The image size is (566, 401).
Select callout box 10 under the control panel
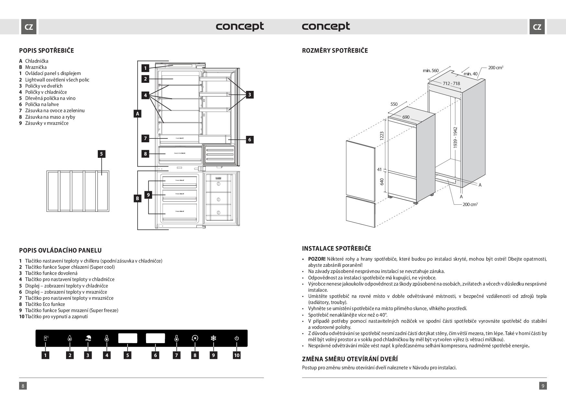(237, 355)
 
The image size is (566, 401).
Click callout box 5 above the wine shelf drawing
(101, 154)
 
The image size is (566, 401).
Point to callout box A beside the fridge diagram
(138, 114)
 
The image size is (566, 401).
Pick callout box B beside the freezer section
(138, 198)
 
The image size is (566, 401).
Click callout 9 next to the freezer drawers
(148, 195)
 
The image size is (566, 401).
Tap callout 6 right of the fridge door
(249, 139)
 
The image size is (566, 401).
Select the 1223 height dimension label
(382, 136)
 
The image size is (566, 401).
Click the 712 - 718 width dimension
(451, 83)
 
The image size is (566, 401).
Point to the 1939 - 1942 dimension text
(455, 137)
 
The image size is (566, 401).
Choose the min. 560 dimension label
(430, 70)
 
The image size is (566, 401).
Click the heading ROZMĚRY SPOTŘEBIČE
(335, 50)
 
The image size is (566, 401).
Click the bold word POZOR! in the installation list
(316, 259)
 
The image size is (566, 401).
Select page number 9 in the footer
(543, 385)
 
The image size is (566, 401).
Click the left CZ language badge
(28, 27)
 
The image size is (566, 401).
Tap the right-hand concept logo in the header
(326, 26)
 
